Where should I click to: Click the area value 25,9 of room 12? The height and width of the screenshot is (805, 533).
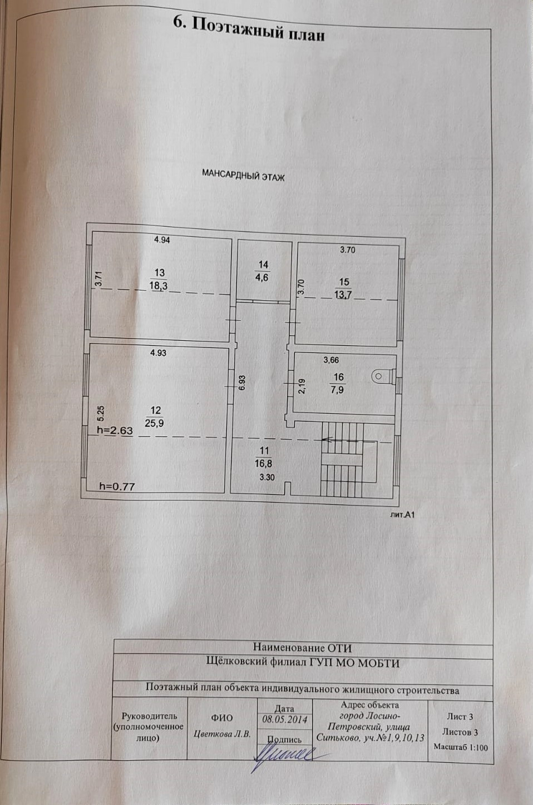click(x=155, y=423)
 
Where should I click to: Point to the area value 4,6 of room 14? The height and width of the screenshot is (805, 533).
click(x=261, y=277)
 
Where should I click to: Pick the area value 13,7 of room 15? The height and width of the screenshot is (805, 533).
click(x=343, y=295)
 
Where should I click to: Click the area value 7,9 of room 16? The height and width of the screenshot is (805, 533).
click(x=338, y=388)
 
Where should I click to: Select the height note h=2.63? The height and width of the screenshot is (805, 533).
click(x=115, y=430)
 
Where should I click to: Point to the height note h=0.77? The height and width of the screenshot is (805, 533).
click(x=117, y=486)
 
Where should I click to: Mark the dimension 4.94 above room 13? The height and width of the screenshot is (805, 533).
click(x=162, y=240)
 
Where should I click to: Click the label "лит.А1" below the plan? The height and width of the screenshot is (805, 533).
click(x=403, y=515)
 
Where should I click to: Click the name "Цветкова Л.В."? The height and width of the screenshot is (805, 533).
click(x=223, y=733)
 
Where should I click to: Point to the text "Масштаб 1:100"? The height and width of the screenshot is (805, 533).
click(x=461, y=747)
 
